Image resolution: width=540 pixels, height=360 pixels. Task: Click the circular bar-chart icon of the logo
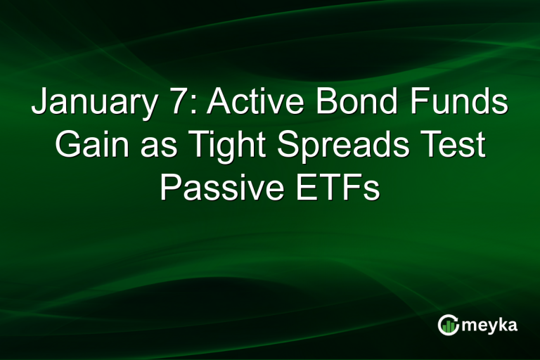(x=449, y=324)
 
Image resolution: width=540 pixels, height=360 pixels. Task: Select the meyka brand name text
(x=489, y=325)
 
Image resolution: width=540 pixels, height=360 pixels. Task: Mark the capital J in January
(x=41, y=104)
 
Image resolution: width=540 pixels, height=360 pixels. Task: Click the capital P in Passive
(x=169, y=188)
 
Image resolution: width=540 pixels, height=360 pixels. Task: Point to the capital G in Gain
(x=69, y=146)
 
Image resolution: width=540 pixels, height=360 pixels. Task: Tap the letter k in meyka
(x=501, y=323)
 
